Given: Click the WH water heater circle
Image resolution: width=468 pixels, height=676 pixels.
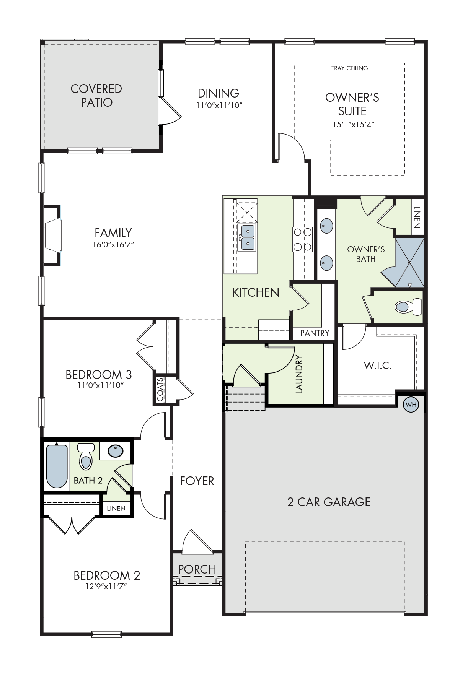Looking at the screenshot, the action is (411, 405).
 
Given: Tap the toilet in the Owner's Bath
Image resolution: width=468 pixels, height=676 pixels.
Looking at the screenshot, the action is (408, 307).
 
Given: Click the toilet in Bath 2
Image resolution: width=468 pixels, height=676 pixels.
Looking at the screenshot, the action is (86, 456).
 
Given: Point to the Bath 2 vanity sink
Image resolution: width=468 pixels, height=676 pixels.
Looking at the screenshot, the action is (116, 451).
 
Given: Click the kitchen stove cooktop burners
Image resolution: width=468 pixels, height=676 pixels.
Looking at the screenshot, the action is (303, 240).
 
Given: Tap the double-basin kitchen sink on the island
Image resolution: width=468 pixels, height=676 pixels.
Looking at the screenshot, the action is (247, 237).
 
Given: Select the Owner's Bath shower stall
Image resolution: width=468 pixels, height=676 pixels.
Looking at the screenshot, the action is (409, 263).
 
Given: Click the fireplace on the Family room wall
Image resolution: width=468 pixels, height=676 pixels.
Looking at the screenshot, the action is (52, 236).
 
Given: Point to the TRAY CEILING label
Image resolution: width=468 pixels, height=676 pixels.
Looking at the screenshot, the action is (349, 68).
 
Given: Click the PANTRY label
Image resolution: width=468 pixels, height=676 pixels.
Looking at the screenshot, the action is (315, 333).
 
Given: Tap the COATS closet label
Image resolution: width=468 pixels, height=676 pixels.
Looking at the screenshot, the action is (161, 389).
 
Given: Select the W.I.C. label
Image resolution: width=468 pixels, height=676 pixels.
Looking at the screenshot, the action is (378, 366).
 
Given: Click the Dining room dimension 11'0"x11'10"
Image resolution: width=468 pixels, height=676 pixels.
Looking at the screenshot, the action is (219, 106).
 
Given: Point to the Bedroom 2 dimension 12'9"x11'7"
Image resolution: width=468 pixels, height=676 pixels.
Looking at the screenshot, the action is (106, 586).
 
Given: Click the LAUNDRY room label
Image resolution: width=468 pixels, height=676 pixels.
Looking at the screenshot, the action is (299, 374).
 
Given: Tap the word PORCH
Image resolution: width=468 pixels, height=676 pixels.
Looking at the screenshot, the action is (197, 569).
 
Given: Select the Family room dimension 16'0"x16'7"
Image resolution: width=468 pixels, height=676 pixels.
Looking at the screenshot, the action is (113, 245).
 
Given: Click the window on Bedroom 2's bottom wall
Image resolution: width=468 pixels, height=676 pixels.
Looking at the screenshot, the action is (106, 634).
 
